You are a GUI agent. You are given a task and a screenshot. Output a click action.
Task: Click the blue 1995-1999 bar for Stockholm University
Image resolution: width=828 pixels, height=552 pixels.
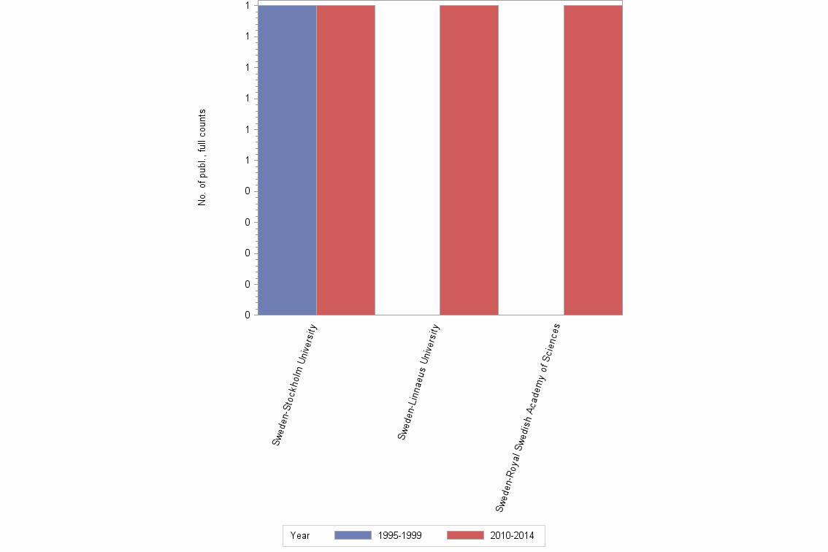coord(287,160)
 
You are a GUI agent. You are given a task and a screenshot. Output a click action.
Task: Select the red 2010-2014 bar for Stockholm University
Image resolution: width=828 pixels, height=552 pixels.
coord(345,160)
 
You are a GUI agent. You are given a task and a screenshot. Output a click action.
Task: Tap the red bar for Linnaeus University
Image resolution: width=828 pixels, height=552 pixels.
coord(469,160)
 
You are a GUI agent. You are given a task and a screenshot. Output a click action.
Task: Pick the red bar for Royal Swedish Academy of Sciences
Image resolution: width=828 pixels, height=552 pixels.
coord(593,160)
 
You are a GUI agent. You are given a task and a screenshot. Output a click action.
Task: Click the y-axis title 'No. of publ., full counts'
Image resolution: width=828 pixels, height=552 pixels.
coord(202,158)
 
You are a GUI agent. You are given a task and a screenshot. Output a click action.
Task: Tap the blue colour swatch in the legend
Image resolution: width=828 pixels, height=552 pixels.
coord(353,536)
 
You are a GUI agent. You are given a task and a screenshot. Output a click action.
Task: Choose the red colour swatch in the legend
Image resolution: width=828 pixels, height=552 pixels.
coord(465,536)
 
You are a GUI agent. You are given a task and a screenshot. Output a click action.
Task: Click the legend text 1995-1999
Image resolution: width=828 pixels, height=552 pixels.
coord(399,536)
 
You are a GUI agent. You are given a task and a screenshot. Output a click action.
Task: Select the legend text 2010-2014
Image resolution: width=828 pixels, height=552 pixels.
coord(512,536)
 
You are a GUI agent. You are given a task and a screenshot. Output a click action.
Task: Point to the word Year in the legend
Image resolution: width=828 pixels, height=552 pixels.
coord(300,536)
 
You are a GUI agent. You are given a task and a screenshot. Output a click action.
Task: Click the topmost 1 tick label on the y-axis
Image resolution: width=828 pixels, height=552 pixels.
coord(248,6)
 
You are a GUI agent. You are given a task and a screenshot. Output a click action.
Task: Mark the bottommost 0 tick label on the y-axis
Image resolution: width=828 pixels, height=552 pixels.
coord(248,315)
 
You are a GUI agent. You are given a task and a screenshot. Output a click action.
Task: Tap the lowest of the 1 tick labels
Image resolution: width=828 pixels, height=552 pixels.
coord(248,161)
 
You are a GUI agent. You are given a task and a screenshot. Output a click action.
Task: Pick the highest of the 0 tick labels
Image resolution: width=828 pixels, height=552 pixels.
coord(248,191)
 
